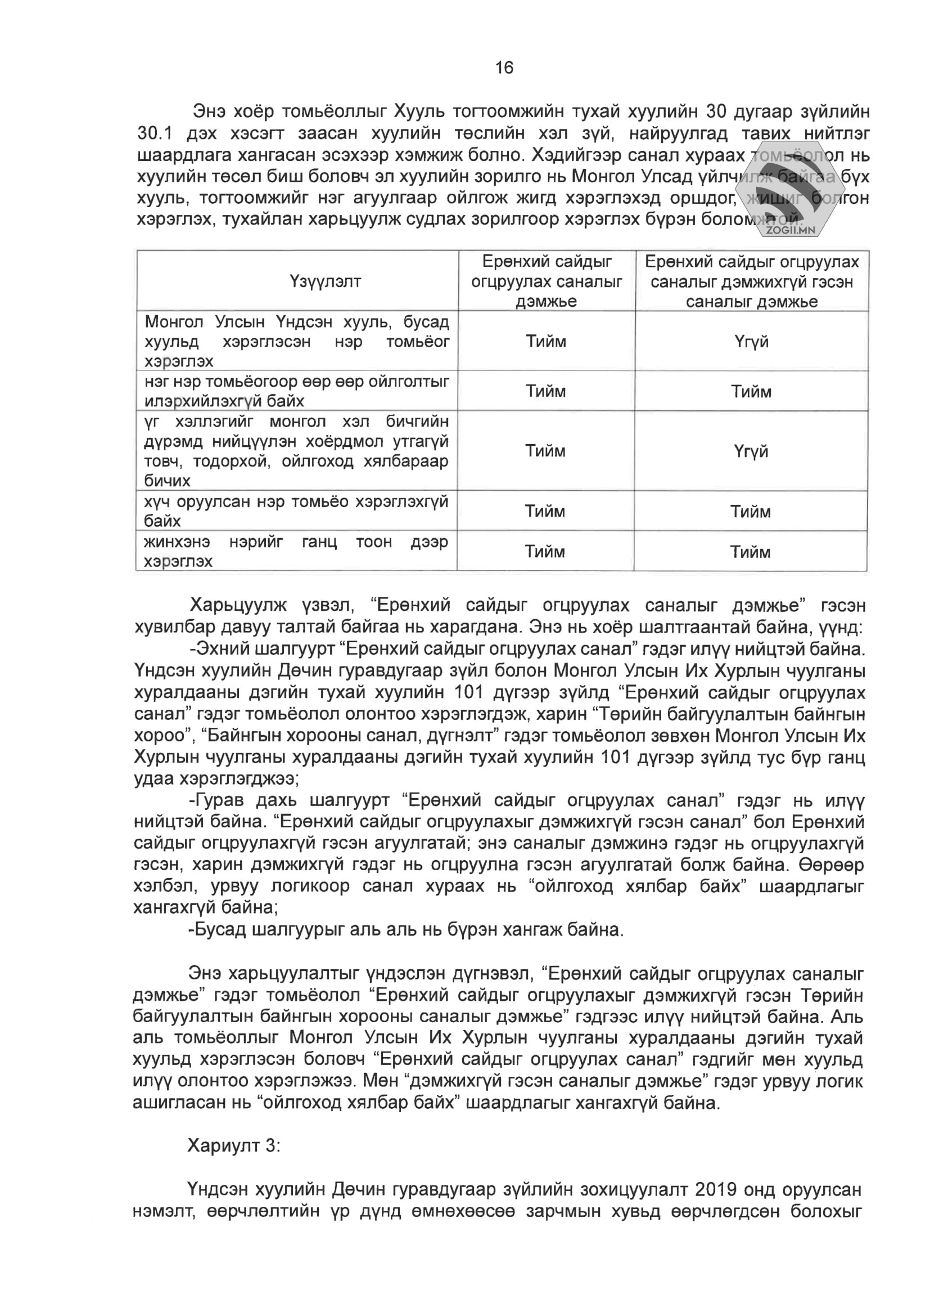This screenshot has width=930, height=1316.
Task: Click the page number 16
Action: click(504, 68)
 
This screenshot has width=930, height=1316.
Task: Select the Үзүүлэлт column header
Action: click(325, 281)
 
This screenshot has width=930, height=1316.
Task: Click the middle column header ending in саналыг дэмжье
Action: click(547, 281)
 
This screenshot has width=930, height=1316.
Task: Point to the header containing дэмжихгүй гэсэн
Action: click(751, 281)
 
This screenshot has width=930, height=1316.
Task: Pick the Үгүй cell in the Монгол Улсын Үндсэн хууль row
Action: click(751, 342)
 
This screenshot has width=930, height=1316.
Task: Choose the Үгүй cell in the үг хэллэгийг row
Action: click(751, 451)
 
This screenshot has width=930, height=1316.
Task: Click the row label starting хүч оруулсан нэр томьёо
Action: click(296, 511)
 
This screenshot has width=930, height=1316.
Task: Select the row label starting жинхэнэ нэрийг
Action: click(296, 551)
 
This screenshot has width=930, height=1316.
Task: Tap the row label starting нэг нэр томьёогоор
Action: click(296, 391)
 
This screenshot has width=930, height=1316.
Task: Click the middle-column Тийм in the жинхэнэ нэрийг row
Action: click(545, 552)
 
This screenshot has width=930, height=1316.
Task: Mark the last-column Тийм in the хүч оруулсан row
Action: click(750, 511)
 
